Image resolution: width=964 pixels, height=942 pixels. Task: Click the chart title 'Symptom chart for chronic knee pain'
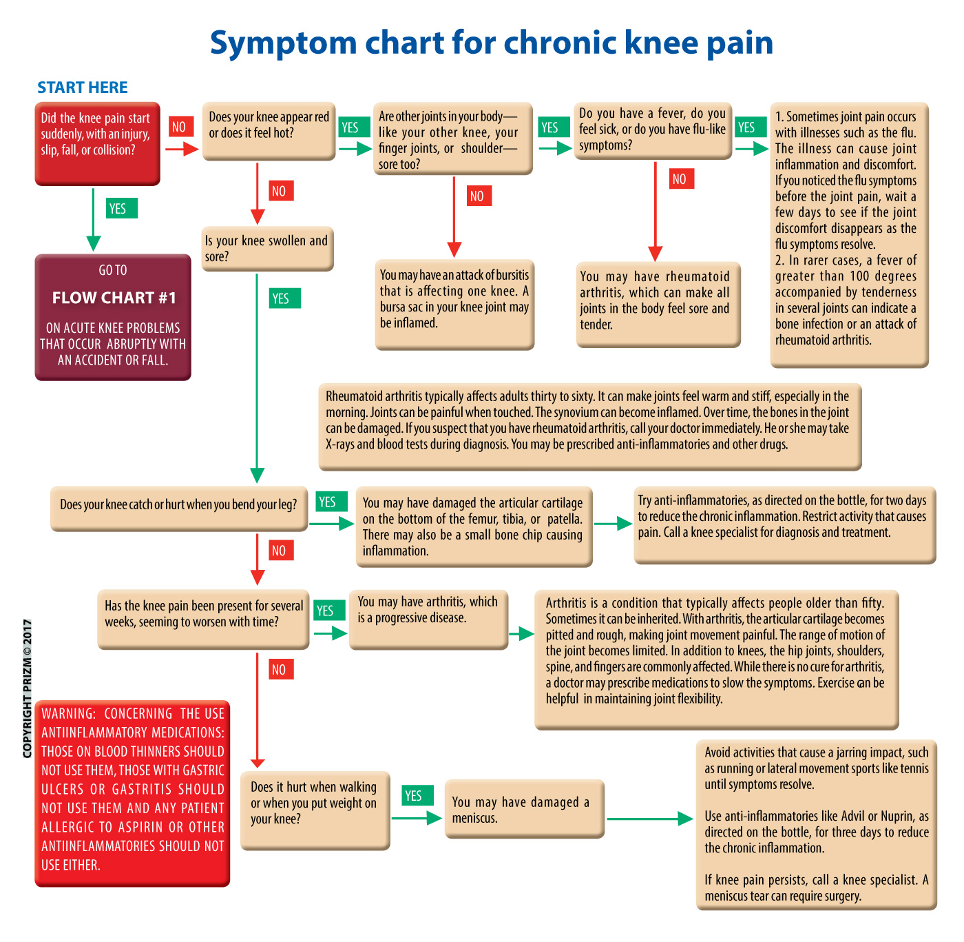click(x=491, y=43)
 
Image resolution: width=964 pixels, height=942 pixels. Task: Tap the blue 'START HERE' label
click(x=83, y=88)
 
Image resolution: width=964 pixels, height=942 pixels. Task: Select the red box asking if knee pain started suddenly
click(x=97, y=143)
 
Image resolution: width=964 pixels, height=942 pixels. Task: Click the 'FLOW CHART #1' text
click(x=114, y=298)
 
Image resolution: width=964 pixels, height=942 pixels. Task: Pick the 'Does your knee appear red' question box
click(x=269, y=131)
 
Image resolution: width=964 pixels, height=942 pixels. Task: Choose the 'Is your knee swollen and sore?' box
click(x=267, y=249)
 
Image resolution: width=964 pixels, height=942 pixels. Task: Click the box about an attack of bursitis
click(x=454, y=304)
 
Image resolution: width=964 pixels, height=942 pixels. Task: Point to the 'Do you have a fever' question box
click(x=652, y=130)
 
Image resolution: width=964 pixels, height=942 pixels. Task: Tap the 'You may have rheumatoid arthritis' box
click(x=658, y=304)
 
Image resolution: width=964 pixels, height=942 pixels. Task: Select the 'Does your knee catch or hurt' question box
click(x=178, y=509)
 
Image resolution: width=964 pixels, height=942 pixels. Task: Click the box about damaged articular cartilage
click(x=474, y=527)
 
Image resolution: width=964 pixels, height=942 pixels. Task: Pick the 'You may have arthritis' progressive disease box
click(x=428, y=619)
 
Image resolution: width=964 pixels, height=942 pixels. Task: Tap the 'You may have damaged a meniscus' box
click(x=524, y=809)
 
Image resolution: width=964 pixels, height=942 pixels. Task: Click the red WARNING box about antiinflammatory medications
click(x=132, y=793)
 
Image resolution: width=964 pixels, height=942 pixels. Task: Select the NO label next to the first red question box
click(x=179, y=127)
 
